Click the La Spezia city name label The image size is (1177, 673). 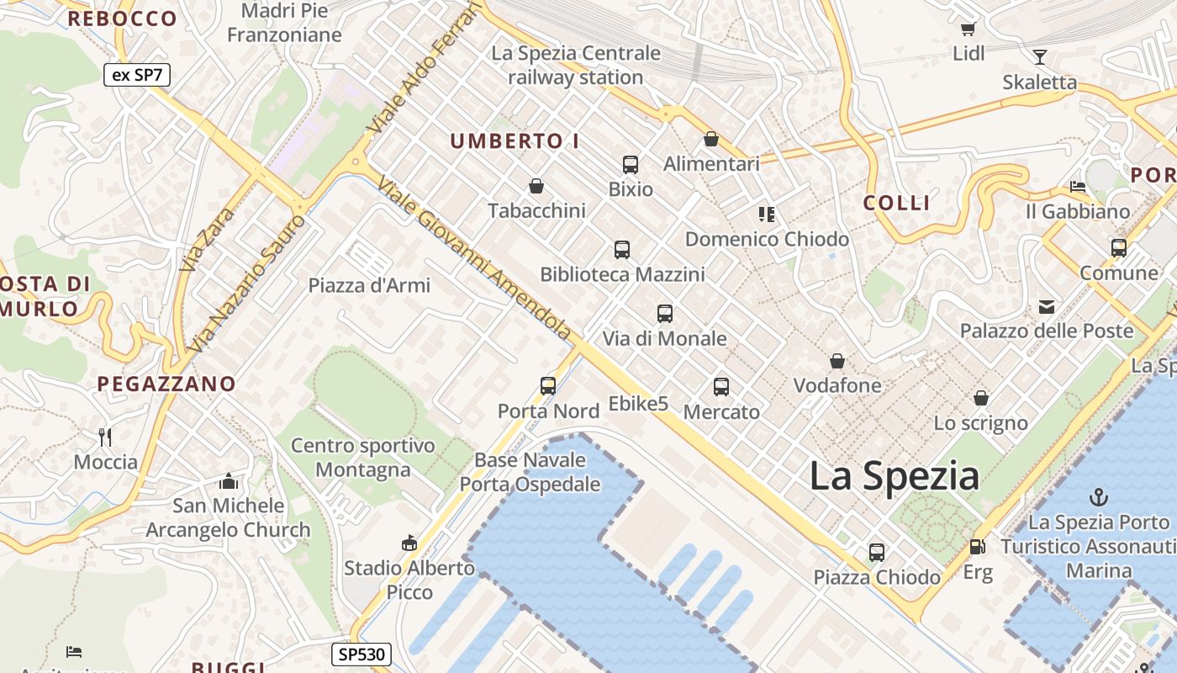(x=894, y=477)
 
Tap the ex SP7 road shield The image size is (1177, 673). (x=137, y=75)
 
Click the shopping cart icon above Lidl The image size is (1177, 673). (x=968, y=29)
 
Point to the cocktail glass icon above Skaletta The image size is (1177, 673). (x=1040, y=57)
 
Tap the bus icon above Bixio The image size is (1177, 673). (x=631, y=165)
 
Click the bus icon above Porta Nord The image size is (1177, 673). (x=548, y=386)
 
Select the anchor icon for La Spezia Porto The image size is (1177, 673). (x=1098, y=497)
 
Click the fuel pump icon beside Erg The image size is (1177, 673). (x=977, y=547)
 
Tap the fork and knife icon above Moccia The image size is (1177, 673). (x=105, y=437)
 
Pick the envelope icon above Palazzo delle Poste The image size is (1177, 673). (x=1047, y=307)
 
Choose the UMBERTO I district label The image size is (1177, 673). (x=515, y=141)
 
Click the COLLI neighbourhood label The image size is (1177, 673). (x=897, y=203)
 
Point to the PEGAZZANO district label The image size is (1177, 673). (x=166, y=384)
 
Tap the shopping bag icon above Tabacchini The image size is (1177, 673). (x=536, y=186)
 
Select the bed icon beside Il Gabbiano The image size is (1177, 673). (x=1078, y=187)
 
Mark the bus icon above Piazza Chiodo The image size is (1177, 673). (x=877, y=553)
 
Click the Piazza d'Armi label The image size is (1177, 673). (x=369, y=285)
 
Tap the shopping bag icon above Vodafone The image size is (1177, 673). (x=837, y=362)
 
